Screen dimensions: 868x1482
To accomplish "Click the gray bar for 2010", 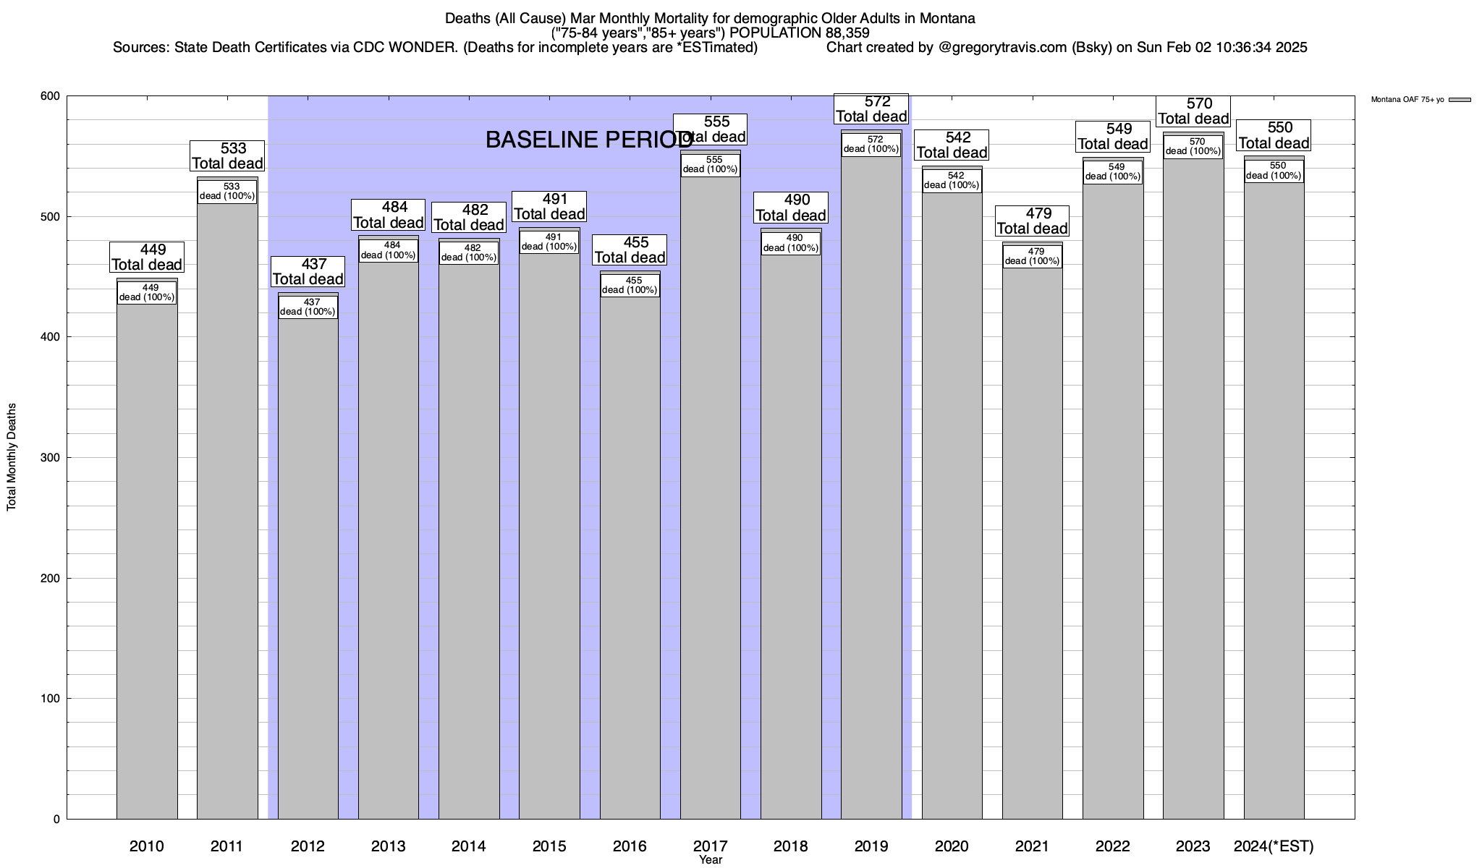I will pos(147,564).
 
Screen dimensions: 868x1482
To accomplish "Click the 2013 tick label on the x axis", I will pos(388,846).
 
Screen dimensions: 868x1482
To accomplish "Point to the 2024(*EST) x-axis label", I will pos(1274,846).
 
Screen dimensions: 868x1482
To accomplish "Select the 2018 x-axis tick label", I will pos(790,846).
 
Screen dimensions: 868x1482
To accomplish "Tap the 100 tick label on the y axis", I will pos(50,699).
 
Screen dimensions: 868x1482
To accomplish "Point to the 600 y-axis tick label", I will pos(50,96).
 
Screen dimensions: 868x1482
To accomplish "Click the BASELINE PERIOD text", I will pos(588,140).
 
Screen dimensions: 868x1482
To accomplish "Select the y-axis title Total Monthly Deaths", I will pos(12,457).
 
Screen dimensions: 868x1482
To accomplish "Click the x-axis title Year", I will pos(711,860).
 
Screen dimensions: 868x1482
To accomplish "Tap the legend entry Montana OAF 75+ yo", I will pos(1407,100).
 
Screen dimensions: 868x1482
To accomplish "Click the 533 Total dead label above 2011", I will pos(227,156).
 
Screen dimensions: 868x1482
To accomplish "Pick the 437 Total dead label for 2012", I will pos(308,272).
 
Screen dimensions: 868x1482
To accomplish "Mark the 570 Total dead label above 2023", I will pos(1194,111).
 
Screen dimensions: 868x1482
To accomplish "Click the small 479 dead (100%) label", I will pos(1032,257).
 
